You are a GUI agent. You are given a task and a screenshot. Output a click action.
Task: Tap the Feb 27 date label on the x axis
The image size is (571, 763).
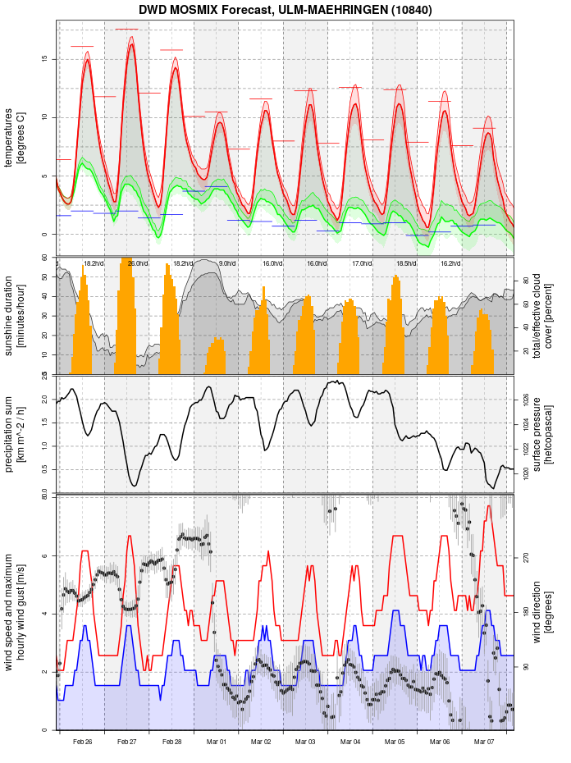click(127, 742)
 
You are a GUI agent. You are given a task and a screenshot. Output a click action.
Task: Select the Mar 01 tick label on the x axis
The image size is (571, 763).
click(217, 742)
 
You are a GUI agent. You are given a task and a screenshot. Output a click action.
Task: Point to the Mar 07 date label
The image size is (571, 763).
click(484, 742)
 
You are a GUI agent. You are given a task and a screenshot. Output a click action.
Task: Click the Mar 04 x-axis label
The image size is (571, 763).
click(350, 742)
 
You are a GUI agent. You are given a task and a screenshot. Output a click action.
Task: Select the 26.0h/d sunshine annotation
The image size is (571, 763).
click(138, 263)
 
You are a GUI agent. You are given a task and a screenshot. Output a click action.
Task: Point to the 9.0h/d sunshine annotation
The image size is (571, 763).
click(227, 263)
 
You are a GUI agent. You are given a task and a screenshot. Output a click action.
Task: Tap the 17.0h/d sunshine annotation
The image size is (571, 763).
click(362, 263)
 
